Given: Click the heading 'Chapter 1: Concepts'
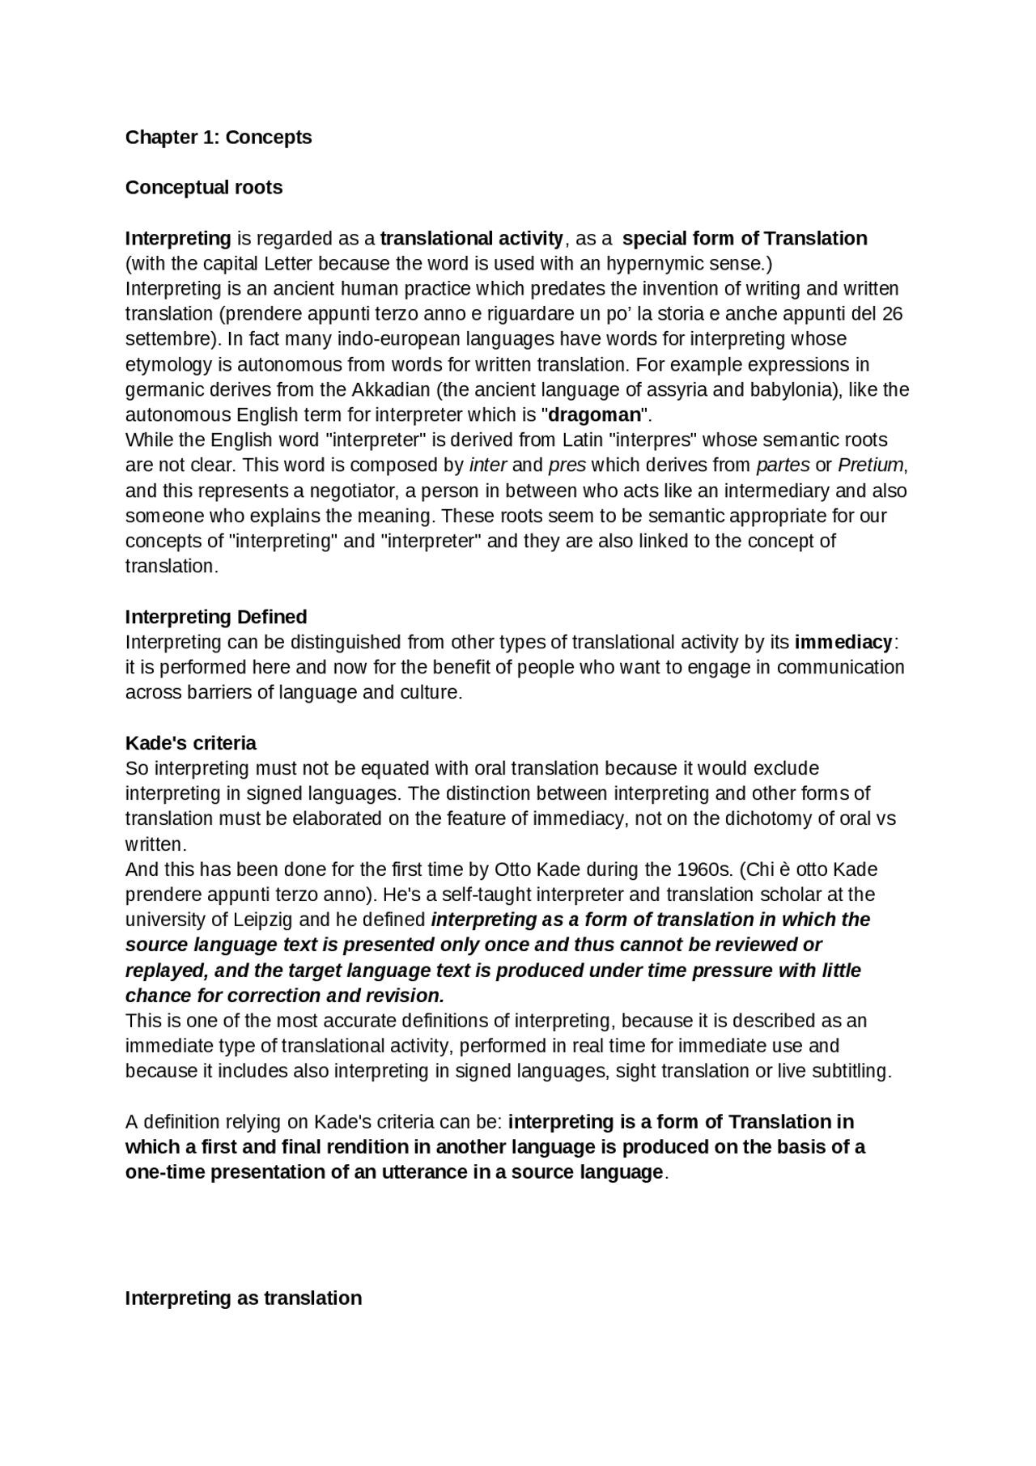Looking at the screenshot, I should coord(219,138).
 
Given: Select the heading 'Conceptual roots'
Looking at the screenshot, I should coord(204,188).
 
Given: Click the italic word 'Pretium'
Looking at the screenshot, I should coord(870,465).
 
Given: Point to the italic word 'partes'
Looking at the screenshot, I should coord(783,465).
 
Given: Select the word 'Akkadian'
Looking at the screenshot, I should coord(391,390).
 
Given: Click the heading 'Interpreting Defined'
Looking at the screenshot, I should coord(216,618).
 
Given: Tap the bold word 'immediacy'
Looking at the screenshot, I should coord(843,643).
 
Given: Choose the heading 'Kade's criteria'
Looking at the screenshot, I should coord(191,744).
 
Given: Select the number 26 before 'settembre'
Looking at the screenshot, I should coord(892,314).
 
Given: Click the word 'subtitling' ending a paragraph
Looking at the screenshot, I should coord(849,1072).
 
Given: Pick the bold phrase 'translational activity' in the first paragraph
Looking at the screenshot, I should coord(472,239).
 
